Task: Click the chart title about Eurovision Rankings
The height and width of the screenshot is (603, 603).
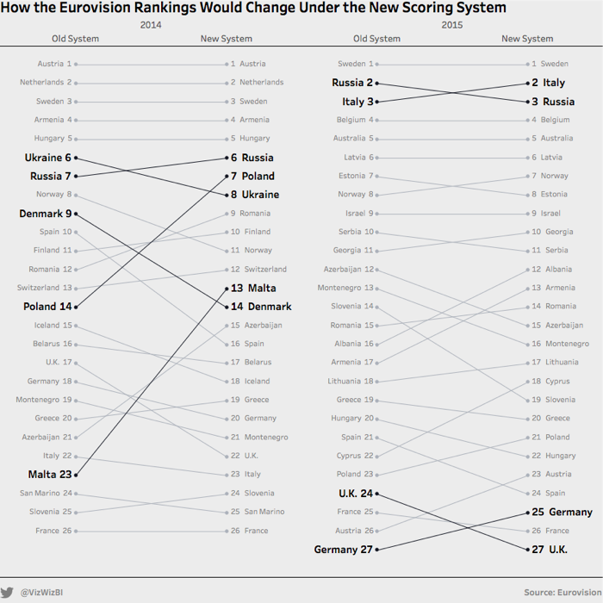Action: (253, 9)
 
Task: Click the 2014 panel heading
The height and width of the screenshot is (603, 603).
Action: (151, 25)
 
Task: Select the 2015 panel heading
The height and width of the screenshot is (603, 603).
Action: (452, 25)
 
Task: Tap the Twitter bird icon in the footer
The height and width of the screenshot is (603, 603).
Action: (8, 593)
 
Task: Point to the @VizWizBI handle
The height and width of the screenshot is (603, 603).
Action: (41, 593)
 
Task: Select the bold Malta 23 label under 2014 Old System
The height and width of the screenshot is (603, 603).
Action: (50, 475)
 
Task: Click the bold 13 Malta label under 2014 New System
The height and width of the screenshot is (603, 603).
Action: (253, 288)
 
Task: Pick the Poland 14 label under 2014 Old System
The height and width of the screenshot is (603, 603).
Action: (47, 307)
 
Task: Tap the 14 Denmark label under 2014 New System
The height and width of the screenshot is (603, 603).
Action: (261, 307)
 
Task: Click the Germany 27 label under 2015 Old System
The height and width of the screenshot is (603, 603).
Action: (344, 550)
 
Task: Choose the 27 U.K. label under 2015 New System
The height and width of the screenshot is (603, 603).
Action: (550, 550)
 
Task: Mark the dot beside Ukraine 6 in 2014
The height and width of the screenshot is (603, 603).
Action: (77, 158)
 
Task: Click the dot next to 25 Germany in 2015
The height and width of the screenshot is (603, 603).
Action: (527, 512)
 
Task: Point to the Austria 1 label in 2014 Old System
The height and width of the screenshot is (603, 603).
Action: (54, 64)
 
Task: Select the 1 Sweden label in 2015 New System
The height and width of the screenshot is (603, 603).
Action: (550, 64)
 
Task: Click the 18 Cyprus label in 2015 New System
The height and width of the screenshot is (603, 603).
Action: (550, 382)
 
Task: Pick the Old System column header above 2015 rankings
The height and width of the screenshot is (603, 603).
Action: (376, 39)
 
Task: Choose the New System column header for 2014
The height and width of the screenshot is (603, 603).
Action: (226, 39)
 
